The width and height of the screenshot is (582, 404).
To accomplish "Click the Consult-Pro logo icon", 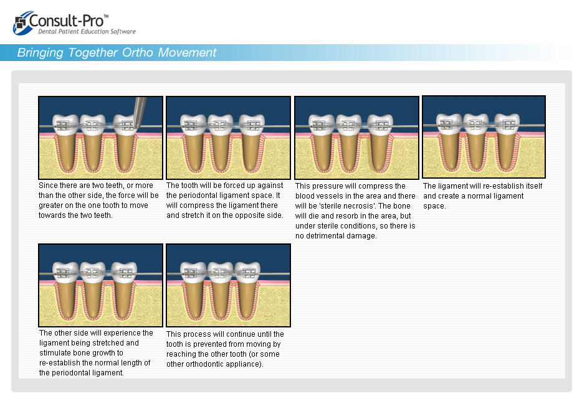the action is (21, 23).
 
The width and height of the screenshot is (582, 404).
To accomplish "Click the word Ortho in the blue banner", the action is (137, 53).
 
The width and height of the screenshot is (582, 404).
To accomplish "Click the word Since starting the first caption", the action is (48, 186).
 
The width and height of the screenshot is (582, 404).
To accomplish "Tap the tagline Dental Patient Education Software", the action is (87, 32).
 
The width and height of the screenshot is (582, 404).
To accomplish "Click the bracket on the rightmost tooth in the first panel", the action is (127, 125).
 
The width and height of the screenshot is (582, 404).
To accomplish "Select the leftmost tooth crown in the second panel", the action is (193, 124).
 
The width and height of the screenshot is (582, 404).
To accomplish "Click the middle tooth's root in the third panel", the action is (349, 152).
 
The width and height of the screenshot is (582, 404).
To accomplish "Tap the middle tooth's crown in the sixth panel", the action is (220, 273).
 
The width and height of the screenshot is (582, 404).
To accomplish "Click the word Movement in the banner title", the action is (187, 53).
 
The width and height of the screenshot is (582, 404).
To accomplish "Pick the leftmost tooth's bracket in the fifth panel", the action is (62, 273).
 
